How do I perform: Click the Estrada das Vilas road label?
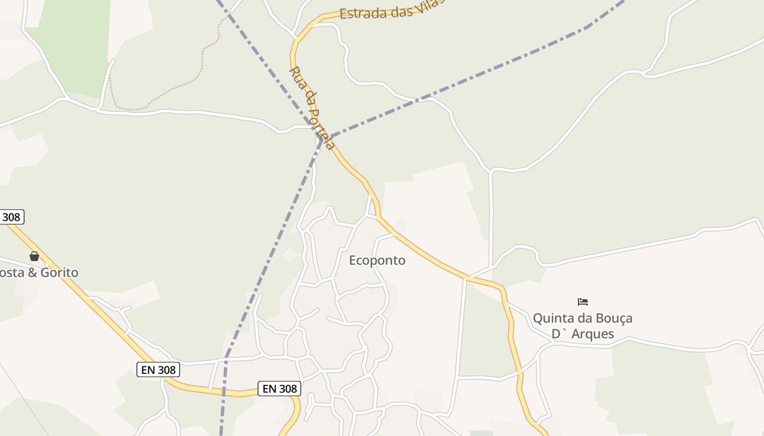391,10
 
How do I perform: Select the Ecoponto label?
377,261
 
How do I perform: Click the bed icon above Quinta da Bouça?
583,301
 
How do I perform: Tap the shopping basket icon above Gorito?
34,256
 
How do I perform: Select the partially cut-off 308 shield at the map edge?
11,217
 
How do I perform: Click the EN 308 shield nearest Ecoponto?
279,389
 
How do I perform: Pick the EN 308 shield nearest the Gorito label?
158,370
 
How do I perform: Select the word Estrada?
363,13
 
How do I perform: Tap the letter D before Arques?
556,334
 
